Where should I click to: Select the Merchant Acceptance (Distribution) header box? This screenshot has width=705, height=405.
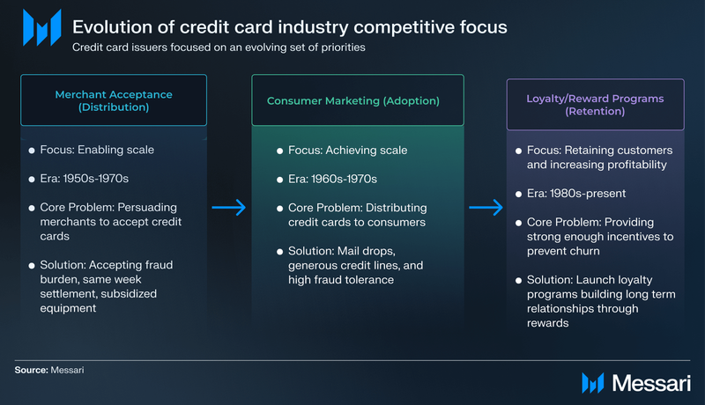[x=115, y=99]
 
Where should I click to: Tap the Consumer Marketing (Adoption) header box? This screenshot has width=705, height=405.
[x=352, y=100]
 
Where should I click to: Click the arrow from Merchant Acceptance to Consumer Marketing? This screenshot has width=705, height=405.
[x=229, y=208]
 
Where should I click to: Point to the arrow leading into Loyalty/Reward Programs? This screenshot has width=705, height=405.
[x=485, y=208]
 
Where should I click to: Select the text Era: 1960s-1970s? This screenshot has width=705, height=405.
[x=332, y=179]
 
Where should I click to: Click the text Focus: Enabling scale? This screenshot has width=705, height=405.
[x=97, y=150]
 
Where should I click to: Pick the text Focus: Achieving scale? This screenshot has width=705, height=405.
[x=347, y=150]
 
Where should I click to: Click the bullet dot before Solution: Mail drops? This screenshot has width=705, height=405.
[x=279, y=252]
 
